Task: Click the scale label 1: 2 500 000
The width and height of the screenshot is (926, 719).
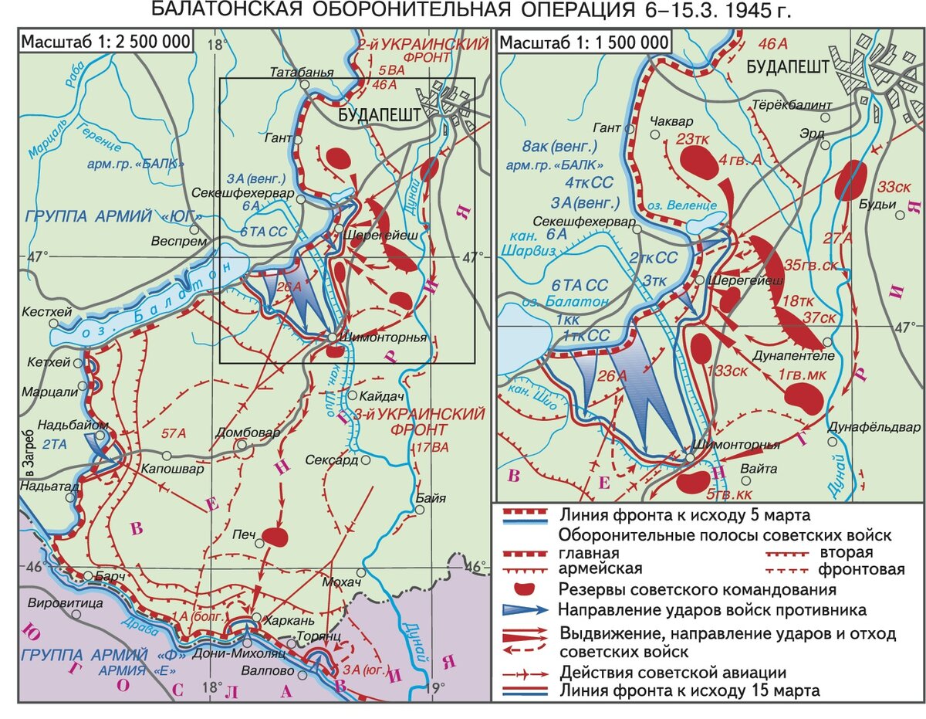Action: click(106, 42)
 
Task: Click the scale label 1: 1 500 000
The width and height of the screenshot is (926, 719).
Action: click(585, 42)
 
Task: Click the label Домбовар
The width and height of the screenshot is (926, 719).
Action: click(240, 432)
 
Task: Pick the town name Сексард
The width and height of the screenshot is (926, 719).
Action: click(331, 460)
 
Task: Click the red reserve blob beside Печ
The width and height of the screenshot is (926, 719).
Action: click(274, 536)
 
